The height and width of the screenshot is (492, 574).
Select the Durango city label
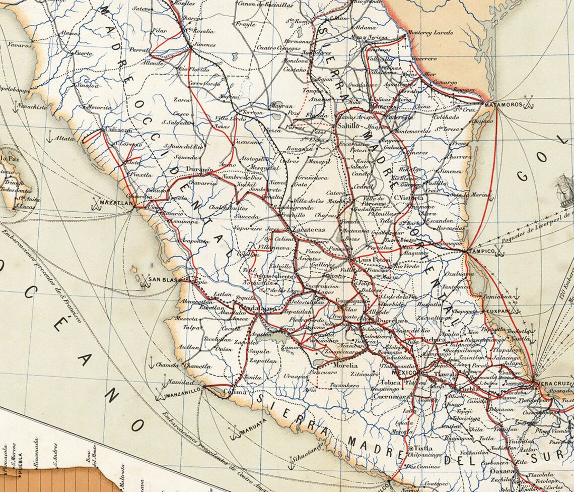coord(199,170)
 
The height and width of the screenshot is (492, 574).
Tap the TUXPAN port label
coord(498,312)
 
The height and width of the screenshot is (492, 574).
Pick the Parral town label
coord(140,50)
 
